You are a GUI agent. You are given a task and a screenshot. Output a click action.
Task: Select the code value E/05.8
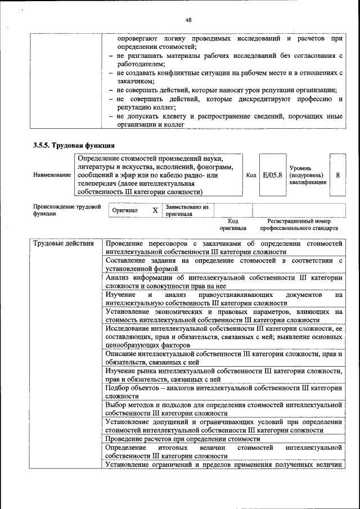point(272,175)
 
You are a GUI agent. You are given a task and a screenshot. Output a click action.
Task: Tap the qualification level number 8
point(337,175)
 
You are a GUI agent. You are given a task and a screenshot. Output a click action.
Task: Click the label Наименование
point(52,175)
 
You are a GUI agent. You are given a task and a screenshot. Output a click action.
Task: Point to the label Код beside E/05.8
point(251,175)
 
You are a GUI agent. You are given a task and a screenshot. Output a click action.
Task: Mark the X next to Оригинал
point(155,210)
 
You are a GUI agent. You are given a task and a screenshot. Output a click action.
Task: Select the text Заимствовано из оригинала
point(187,210)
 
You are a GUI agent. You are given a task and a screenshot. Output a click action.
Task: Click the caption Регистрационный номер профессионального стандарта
point(299,225)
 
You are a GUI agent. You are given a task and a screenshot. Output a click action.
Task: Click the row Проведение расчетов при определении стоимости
point(183,439)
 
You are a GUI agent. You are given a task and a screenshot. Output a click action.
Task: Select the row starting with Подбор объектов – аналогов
point(223,391)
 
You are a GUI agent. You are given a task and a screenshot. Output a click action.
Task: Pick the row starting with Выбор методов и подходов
point(223,408)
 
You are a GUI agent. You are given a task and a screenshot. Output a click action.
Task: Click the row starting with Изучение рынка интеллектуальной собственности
point(223,375)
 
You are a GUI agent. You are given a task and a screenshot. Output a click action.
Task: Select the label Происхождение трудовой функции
point(67,210)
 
